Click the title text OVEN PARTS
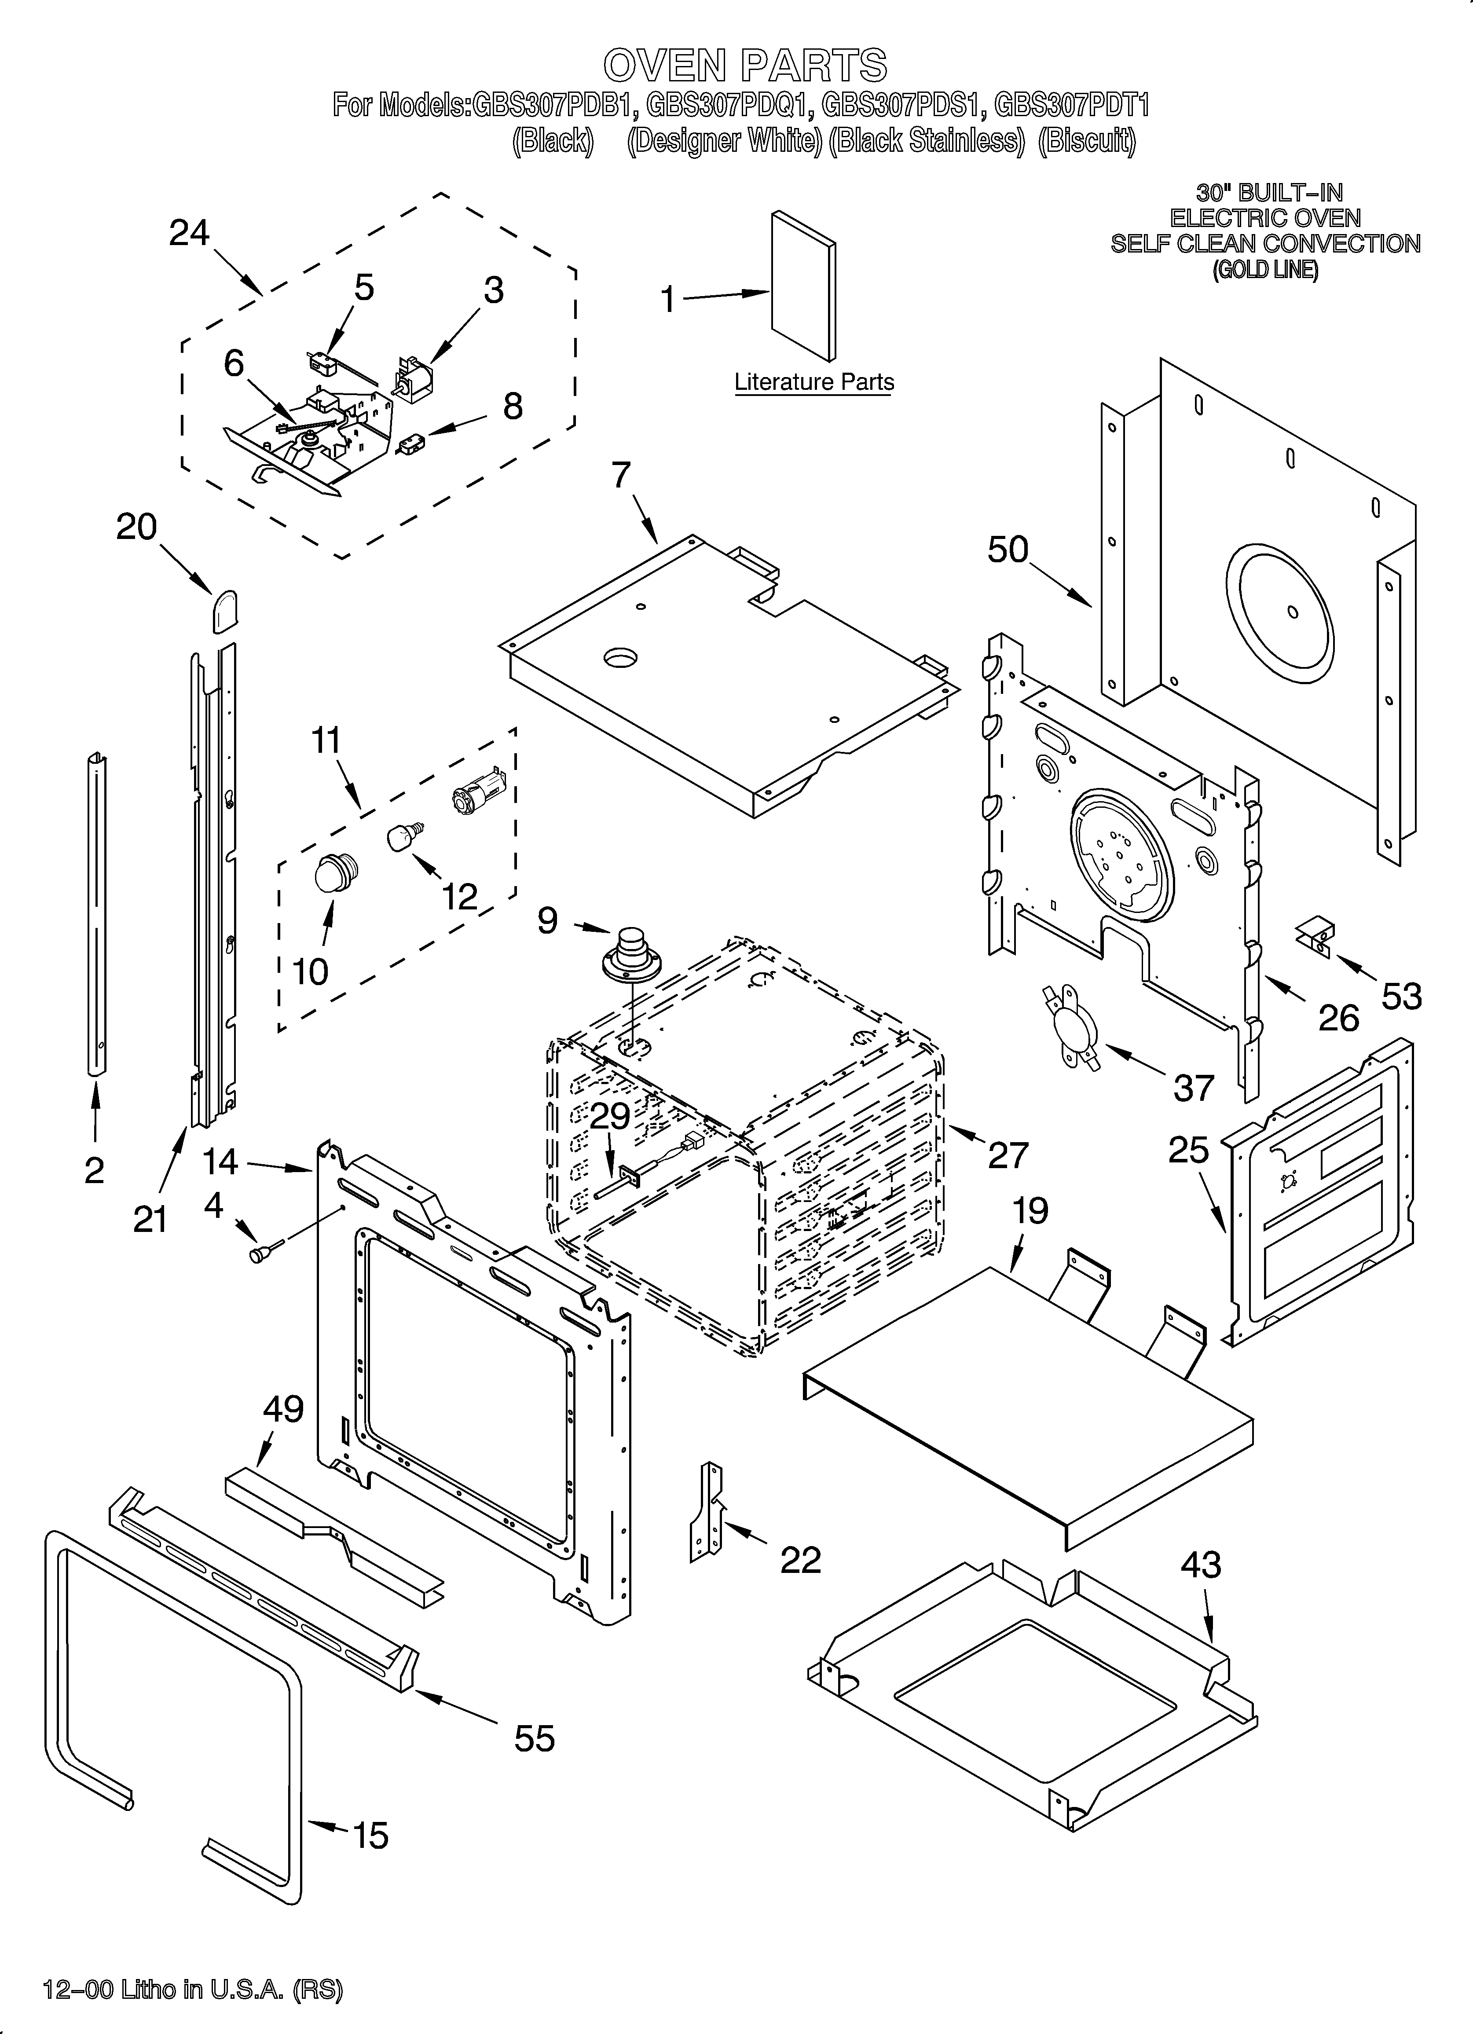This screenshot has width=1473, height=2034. pyautogui.click(x=744, y=66)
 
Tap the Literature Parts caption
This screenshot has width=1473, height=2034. pyautogui.click(x=813, y=382)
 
